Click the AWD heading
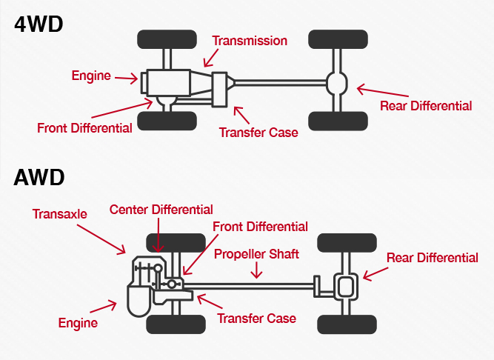pyautogui.click(x=39, y=178)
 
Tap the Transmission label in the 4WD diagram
pyautogui.click(x=249, y=40)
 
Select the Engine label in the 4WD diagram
pyautogui.click(x=91, y=76)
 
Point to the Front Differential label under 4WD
pyautogui.click(x=84, y=128)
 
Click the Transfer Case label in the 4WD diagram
pyautogui.click(x=258, y=133)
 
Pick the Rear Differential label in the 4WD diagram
pyautogui.click(x=425, y=106)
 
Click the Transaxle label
pyautogui.click(x=59, y=214)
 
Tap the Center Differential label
pyautogui.click(x=161, y=210)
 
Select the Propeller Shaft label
pyautogui.click(x=256, y=254)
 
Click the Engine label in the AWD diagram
pyautogui.click(x=78, y=323)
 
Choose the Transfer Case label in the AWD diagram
pyautogui.click(x=256, y=319)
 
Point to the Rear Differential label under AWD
pyautogui.click(x=433, y=258)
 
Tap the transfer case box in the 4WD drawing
pyautogui.click(x=218, y=90)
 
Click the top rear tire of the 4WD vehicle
pyautogui.click(x=338, y=39)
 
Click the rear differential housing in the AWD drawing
pyautogui.click(x=345, y=285)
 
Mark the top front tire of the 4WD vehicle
pyautogui.click(x=167, y=39)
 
